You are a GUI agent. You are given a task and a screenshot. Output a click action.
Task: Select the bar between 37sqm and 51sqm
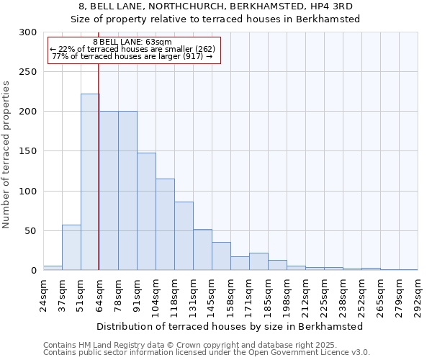point(71,248)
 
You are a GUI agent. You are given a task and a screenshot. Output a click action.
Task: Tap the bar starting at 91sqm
point(146,212)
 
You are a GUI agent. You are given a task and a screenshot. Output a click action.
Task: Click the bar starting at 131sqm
point(202,250)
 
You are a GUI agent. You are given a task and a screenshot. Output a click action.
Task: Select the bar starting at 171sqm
point(258,262)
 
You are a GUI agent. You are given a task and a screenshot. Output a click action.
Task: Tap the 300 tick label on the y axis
point(28,32)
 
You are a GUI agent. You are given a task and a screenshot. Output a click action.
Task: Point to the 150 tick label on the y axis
point(28,151)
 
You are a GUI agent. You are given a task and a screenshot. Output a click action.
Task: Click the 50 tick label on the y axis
point(30,231)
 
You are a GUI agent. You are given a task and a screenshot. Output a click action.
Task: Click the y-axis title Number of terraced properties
point(7,155)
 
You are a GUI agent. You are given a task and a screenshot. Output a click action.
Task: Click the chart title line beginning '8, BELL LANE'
point(215,6)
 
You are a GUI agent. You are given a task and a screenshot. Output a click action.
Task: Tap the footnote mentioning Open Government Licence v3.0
point(207,353)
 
